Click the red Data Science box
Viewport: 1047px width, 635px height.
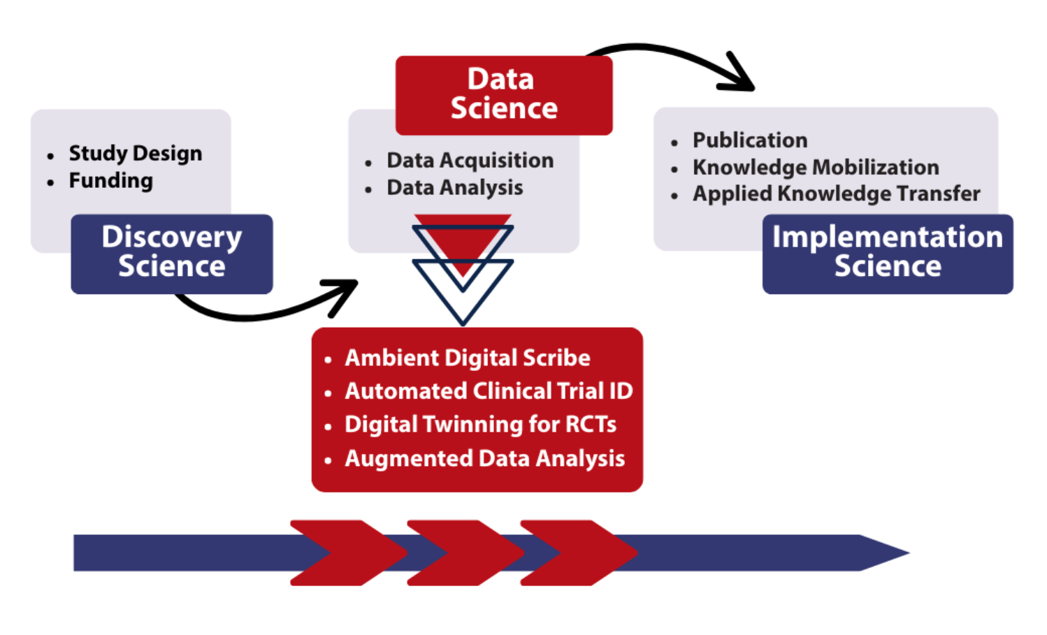(x=503, y=95)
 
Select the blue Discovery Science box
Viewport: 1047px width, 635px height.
(x=171, y=253)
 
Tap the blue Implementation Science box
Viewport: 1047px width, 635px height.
(x=887, y=253)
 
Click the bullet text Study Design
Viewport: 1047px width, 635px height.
(x=135, y=154)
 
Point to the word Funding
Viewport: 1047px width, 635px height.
(x=110, y=181)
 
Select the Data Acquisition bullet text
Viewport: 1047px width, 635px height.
(x=470, y=161)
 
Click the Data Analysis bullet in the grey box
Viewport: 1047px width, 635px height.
(x=454, y=188)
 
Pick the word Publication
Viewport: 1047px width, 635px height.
(x=749, y=140)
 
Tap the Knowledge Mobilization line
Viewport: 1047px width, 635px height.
(x=815, y=168)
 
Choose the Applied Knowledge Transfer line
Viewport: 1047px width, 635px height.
(x=836, y=194)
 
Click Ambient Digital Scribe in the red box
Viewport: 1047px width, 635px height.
(x=467, y=358)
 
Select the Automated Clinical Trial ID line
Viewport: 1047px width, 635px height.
(x=488, y=391)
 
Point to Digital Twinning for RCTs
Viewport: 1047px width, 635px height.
(x=480, y=425)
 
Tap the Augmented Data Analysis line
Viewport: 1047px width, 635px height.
(x=484, y=459)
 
